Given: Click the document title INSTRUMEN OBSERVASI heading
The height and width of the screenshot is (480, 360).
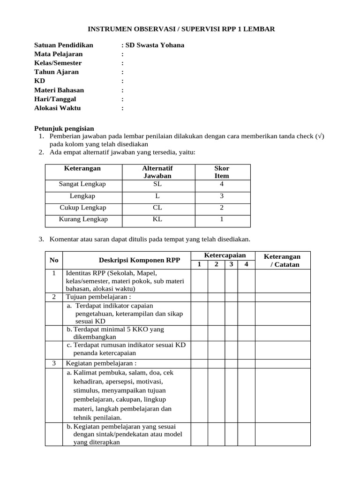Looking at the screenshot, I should coord(180,29).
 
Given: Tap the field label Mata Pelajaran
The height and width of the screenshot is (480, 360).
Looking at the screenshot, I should coord(58,54).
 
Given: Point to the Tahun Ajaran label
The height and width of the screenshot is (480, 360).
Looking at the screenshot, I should coord(56,72).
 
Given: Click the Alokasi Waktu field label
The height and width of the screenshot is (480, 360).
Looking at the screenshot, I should coord(57,108).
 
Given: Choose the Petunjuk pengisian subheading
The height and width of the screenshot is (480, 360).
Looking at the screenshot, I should coord(64,128).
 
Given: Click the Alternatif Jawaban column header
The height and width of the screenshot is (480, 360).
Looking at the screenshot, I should coord(157,172).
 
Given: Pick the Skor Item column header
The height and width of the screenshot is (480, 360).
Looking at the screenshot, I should coord(222,172).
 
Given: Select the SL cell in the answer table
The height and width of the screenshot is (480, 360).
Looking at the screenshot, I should coord(157,184).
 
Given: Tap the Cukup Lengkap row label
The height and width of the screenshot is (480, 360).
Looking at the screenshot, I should coord(82,208).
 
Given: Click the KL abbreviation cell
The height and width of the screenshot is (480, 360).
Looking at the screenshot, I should coord(157,219).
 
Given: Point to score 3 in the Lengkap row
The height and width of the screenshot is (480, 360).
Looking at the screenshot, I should coord(222,196).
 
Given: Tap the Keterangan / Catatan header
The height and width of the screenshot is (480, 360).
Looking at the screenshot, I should coord(282,260).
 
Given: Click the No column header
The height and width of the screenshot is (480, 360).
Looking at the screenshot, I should coord(53,260).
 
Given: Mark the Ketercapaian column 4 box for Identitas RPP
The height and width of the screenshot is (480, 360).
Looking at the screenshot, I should coord(246,281).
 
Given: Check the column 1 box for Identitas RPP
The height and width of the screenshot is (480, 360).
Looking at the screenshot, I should coord(199,281).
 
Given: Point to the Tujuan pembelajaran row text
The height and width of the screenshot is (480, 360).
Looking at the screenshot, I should coord(98,297).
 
